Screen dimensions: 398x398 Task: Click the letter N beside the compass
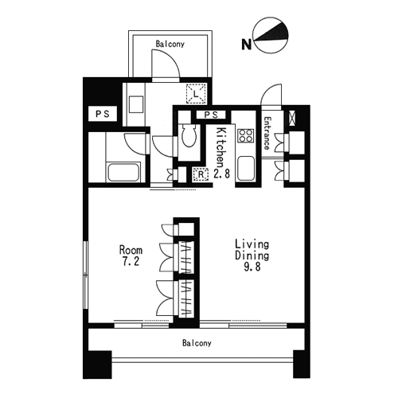(246, 44)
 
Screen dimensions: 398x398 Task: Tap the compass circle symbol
(271, 35)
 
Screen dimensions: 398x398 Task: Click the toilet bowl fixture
(189, 135)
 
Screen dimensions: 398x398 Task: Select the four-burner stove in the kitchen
(246, 135)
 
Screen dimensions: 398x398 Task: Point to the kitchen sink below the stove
(246, 169)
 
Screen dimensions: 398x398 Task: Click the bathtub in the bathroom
(123, 172)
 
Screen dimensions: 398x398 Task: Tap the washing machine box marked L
(196, 93)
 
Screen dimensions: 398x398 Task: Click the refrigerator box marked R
(201, 174)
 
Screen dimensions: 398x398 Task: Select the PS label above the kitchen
(211, 115)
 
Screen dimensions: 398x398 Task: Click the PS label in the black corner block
(103, 114)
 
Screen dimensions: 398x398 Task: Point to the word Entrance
(267, 133)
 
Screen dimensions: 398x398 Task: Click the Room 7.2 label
(131, 256)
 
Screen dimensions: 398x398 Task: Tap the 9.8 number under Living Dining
(252, 267)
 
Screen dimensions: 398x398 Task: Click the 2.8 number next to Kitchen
(221, 174)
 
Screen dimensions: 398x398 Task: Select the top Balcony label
(170, 44)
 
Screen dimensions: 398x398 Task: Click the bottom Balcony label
(197, 343)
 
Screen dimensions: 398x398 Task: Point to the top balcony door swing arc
(173, 58)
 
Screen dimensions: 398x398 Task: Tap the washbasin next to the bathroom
(136, 104)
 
